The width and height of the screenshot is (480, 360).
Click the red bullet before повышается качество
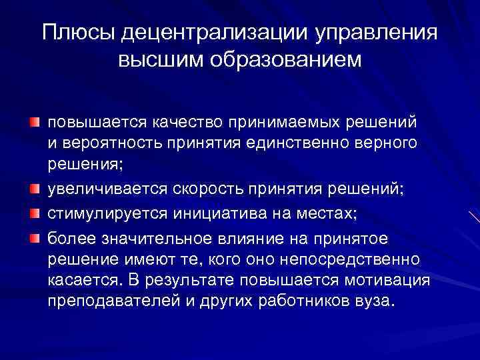point(34,123)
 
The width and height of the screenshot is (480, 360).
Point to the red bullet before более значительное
point(34,237)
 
